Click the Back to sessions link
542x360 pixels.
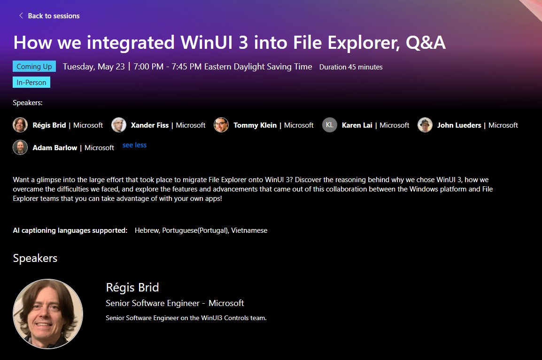[x=53, y=16]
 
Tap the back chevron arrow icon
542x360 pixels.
[x=21, y=16]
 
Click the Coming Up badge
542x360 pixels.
[x=34, y=67]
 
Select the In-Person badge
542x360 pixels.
[x=31, y=83]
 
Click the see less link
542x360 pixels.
[x=134, y=146]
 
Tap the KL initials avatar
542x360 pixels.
[x=330, y=125]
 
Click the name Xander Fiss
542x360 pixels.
[x=150, y=125]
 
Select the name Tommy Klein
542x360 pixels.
[x=256, y=125]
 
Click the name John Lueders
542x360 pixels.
[x=459, y=125]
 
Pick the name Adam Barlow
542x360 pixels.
[x=54, y=148]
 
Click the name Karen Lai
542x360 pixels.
[x=358, y=125]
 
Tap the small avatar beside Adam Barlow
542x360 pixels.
[x=20, y=147]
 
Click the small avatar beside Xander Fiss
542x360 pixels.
[x=119, y=125]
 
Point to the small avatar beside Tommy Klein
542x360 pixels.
[x=221, y=125]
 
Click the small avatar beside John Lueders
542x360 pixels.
[x=425, y=125]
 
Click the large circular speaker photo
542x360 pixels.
[x=48, y=314]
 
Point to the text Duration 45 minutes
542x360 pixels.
[x=351, y=67]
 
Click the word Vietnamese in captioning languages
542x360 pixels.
[x=249, y=230]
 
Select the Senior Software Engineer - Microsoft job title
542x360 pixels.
[x=175, y=303]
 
